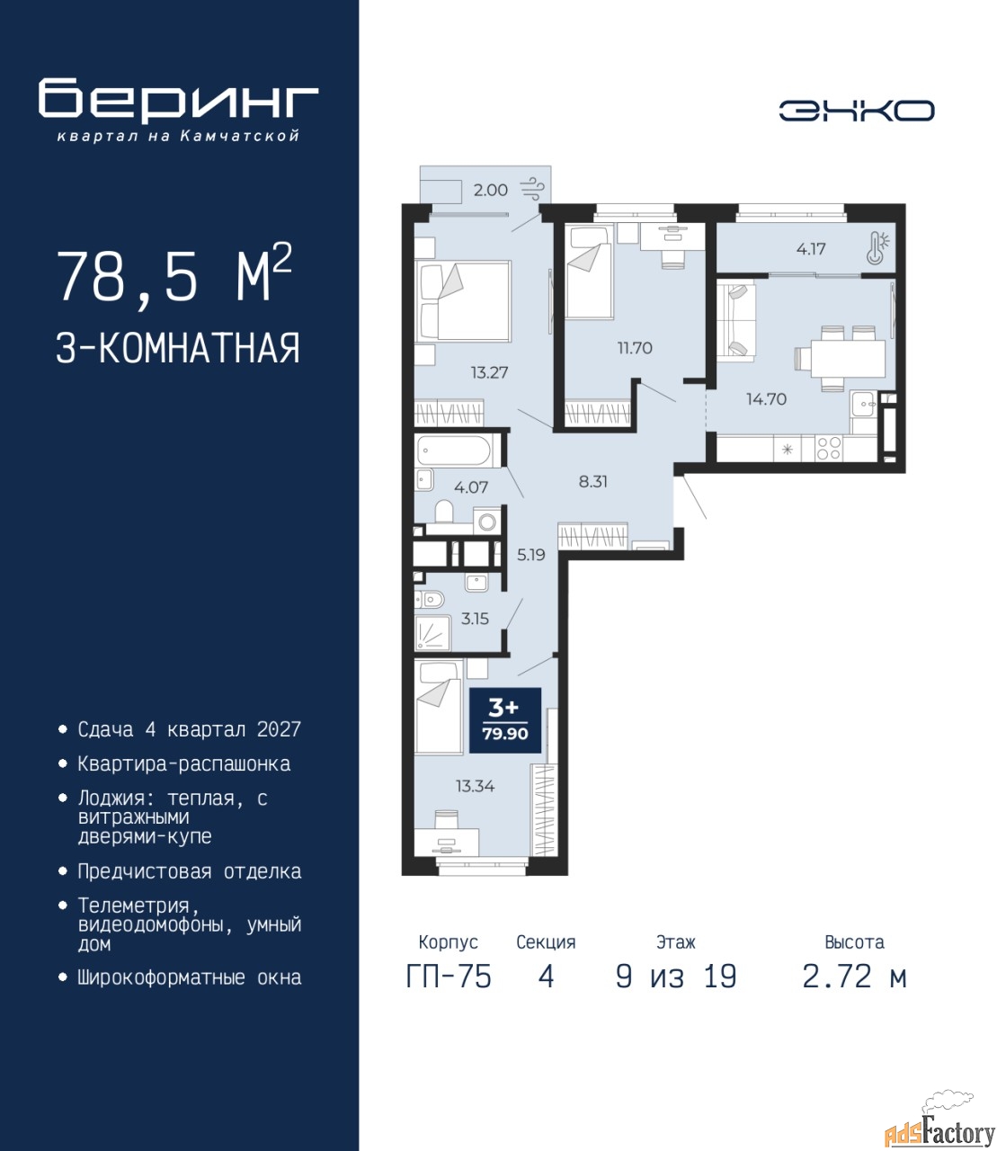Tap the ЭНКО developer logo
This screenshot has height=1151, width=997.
click(x=856, y=111)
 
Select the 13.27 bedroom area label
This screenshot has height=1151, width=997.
click(x=489, y=372)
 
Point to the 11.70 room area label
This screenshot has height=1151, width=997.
click(x=635, y=348)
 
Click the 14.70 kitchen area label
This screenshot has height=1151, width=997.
click(x=766, y=398)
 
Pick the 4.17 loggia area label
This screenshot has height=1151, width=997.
click(x=811, y=249)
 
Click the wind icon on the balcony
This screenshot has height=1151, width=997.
click(x=534, y=189)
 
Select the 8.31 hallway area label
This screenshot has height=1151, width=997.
click(x=592, y=482)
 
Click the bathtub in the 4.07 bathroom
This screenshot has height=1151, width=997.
click(x=453, y=451)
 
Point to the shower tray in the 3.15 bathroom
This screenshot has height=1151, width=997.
click(x=432, y=632)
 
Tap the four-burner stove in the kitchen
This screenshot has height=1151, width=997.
click(x=828, y=449)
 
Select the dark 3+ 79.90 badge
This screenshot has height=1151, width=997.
click(x=505, y=720)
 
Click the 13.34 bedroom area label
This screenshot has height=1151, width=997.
click(x=475, y=786)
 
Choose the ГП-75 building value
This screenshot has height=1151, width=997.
click(x=449, y=977)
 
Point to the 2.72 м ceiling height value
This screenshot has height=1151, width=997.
click(x=854, y=977)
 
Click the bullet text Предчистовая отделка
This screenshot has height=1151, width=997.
click(x=190, y=871)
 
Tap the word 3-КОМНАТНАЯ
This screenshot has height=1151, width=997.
click(x=178, y=348)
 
